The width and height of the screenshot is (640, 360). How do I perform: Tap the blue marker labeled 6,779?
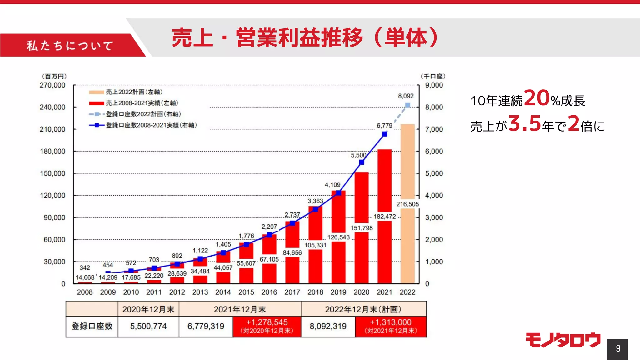[x=385, y=134]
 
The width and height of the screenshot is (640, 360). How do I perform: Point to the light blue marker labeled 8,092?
[x=408, y=105]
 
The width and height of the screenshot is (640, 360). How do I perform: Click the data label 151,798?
[x=362, y=228]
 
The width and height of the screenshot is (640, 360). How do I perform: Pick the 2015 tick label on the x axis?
[x=246, y=292]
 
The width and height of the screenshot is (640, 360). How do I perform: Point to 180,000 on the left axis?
[x=52, y=152]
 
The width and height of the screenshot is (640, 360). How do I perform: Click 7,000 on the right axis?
[x=434, y=129]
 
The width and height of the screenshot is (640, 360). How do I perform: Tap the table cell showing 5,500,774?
[x=148, y=327]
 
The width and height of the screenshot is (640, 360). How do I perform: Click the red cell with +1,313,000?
[x=391, y=327]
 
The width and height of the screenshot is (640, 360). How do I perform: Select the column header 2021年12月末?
[x=240, y=309]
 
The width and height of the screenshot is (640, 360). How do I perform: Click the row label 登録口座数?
[x=92, y=327]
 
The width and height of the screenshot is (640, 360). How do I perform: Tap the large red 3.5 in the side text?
[x=525, y=123]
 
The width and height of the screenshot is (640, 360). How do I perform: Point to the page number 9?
[x=618, y=349]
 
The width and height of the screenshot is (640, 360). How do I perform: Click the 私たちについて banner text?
[x=70, y=46]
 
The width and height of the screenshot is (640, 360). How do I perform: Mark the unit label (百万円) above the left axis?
[x=54, y=76]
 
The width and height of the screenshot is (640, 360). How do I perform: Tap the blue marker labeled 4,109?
[x=338, y=193]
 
